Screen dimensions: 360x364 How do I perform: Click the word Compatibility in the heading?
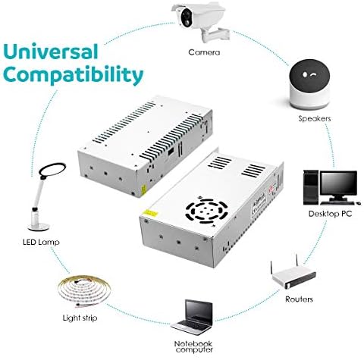coord(74,76)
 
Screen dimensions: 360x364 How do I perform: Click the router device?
coord(292,277)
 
